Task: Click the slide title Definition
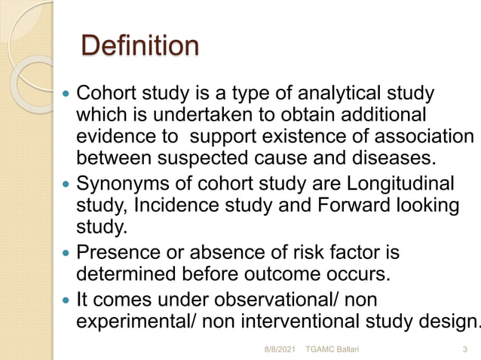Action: [139, 46]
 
